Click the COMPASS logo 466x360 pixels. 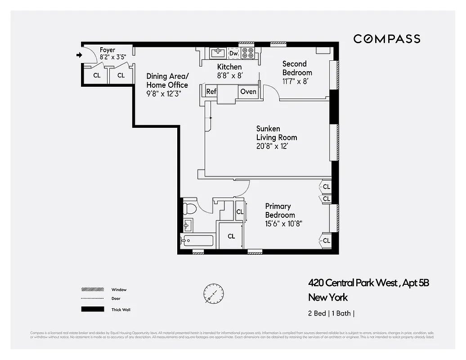point(386,39)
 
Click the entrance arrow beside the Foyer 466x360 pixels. point(79,55)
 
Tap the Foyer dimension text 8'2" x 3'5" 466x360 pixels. point(112,57)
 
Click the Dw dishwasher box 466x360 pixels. point(233,54)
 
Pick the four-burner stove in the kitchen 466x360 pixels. point(247,53)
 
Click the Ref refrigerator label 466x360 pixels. point(211,91)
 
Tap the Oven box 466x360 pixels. point(248,91)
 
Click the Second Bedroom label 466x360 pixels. point(297,68)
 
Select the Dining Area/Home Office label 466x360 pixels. point(167,81)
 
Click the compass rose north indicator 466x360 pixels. point(213,293)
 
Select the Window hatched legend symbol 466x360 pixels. point(90,289)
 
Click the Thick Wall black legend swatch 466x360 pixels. point(90,309)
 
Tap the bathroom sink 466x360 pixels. point(188,224)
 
